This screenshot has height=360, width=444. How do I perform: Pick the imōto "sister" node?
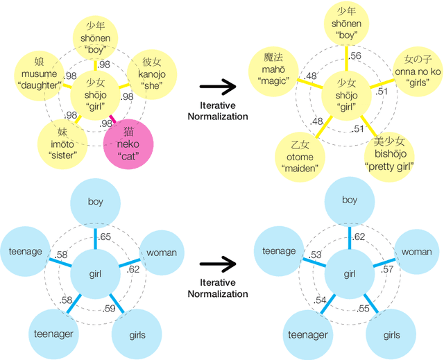61,142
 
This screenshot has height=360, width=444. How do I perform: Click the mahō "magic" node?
272,70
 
